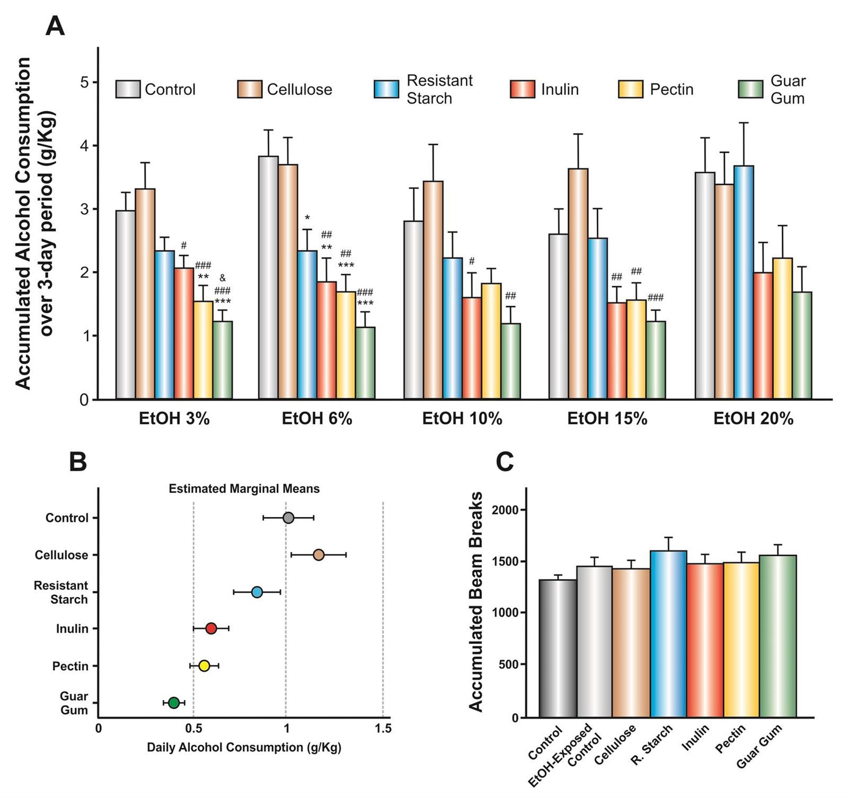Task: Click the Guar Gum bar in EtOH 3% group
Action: pos(223,360)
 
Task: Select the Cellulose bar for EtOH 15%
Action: pos(578,283)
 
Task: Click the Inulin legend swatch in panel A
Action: pos(523,90)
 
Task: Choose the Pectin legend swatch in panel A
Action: pos(631,90)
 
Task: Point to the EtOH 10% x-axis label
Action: pos(462,419)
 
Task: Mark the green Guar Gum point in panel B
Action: pos(174,703)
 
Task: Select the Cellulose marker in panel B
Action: pos(319,555)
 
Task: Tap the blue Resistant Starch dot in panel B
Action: pos(257,592)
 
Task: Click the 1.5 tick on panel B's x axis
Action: pos(383,729)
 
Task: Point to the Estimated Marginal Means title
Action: pos(244,489)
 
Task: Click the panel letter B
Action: pos(78,462)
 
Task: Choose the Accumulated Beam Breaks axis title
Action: pos(476,601)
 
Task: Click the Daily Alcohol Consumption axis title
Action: pos(244,748)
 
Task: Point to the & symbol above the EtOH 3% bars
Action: pos(223,278)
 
